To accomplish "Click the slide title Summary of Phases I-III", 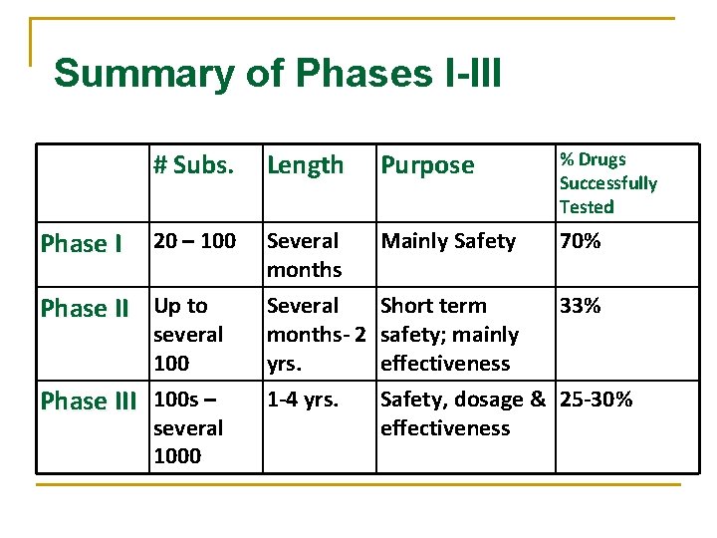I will coord(277,74).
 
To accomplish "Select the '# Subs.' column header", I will coord(193,165).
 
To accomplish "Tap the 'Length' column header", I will coord(305,165).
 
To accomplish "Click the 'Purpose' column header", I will coord(428,165).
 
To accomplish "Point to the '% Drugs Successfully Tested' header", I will coord(607,183).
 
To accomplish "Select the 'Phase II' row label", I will coord(85,309).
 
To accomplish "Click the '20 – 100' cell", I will coord(194,241).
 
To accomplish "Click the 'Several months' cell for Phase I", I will coord(304,255).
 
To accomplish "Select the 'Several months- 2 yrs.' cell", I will coord(317,335).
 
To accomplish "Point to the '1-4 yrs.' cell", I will coord(303,401).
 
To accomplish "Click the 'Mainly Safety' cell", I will coord(448,241).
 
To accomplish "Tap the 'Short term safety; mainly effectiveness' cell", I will coord(449,335).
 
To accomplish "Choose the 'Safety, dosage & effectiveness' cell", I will coord(463,413).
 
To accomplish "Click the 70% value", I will coord(580,241).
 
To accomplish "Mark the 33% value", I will coord(580,306).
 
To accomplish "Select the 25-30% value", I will coord(596,401).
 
